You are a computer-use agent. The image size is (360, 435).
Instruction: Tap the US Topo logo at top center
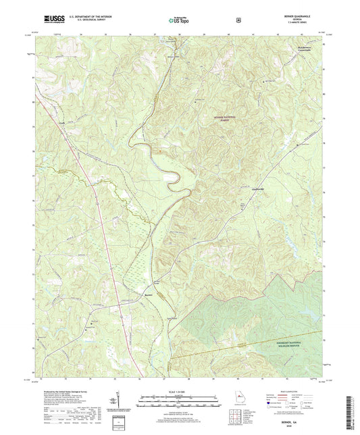click(179, 20)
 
